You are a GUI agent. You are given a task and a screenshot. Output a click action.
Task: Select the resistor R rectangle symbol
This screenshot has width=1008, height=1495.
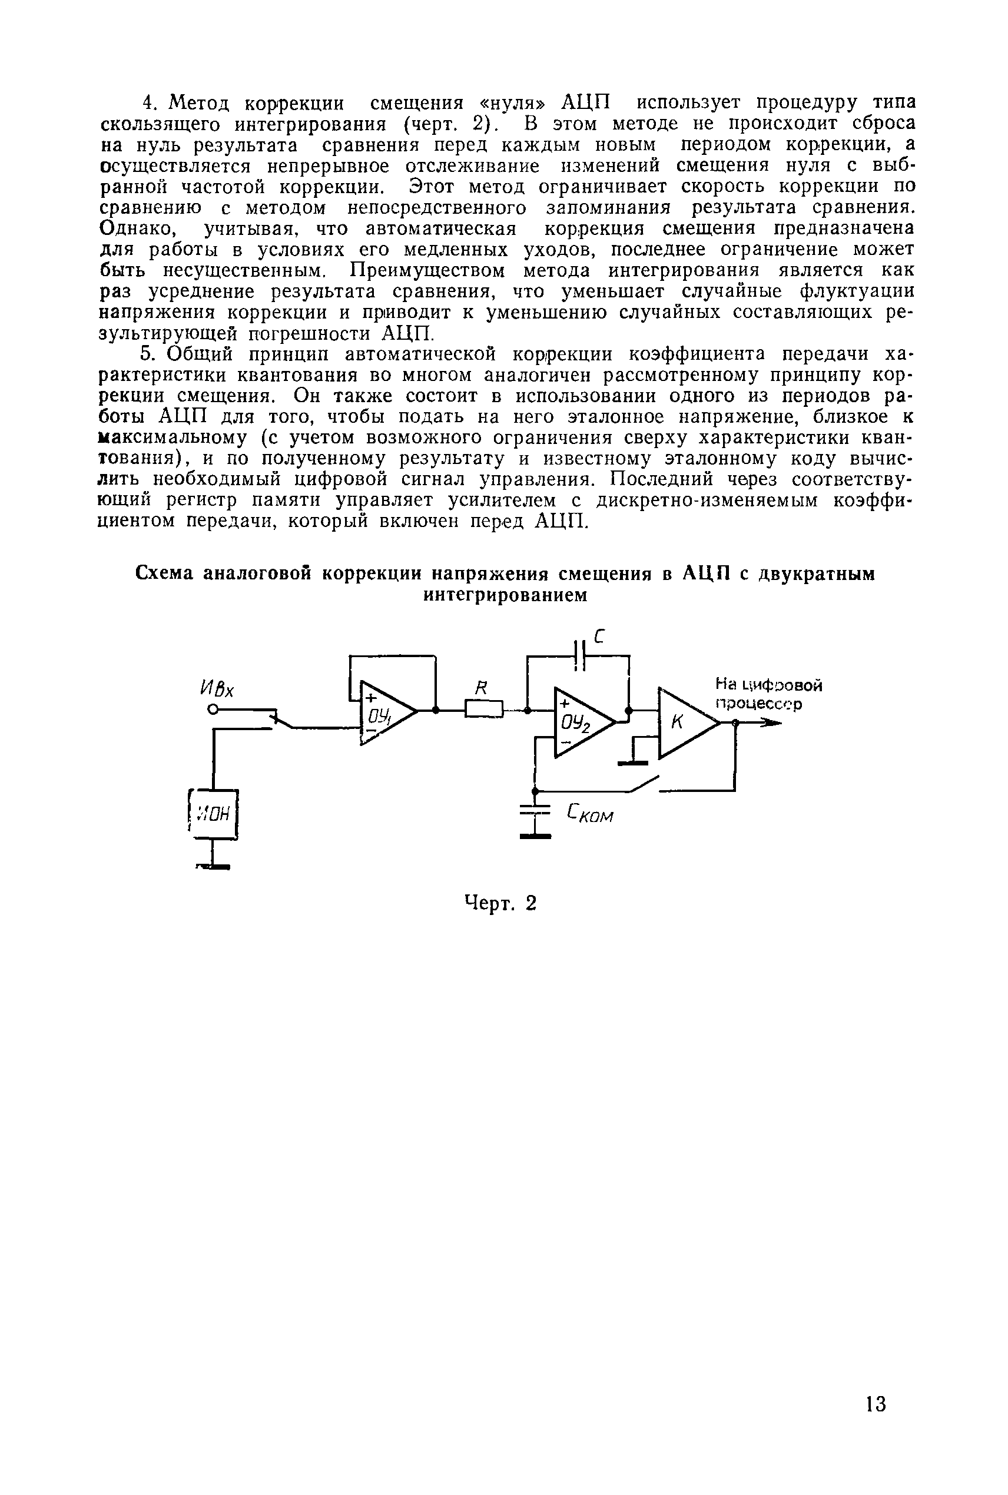(483, 710)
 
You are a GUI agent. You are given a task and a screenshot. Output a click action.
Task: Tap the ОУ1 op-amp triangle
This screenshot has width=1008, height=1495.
(384, 711)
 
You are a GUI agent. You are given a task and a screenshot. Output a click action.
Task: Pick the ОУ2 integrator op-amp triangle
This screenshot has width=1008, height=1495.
(580, 722)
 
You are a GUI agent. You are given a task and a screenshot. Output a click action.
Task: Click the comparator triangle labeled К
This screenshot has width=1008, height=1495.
(684, 722)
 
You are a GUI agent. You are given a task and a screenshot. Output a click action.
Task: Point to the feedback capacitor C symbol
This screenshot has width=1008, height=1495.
(581, 655)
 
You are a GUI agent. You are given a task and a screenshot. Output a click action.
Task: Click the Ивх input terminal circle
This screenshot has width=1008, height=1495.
(211, 709)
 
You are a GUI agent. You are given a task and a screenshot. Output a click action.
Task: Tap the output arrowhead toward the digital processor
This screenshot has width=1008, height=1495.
(771, 723)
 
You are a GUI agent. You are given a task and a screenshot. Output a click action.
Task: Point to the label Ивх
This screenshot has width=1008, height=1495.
(217, 688)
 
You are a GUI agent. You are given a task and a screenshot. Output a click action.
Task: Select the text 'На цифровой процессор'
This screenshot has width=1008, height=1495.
(769, 694)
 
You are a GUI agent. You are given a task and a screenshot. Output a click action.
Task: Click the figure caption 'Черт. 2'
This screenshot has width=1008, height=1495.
(499, 904)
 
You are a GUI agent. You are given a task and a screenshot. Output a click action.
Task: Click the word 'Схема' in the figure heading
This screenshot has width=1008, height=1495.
(165, 574)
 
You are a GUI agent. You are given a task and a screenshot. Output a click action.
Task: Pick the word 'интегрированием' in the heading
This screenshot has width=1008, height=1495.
(505, 595)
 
